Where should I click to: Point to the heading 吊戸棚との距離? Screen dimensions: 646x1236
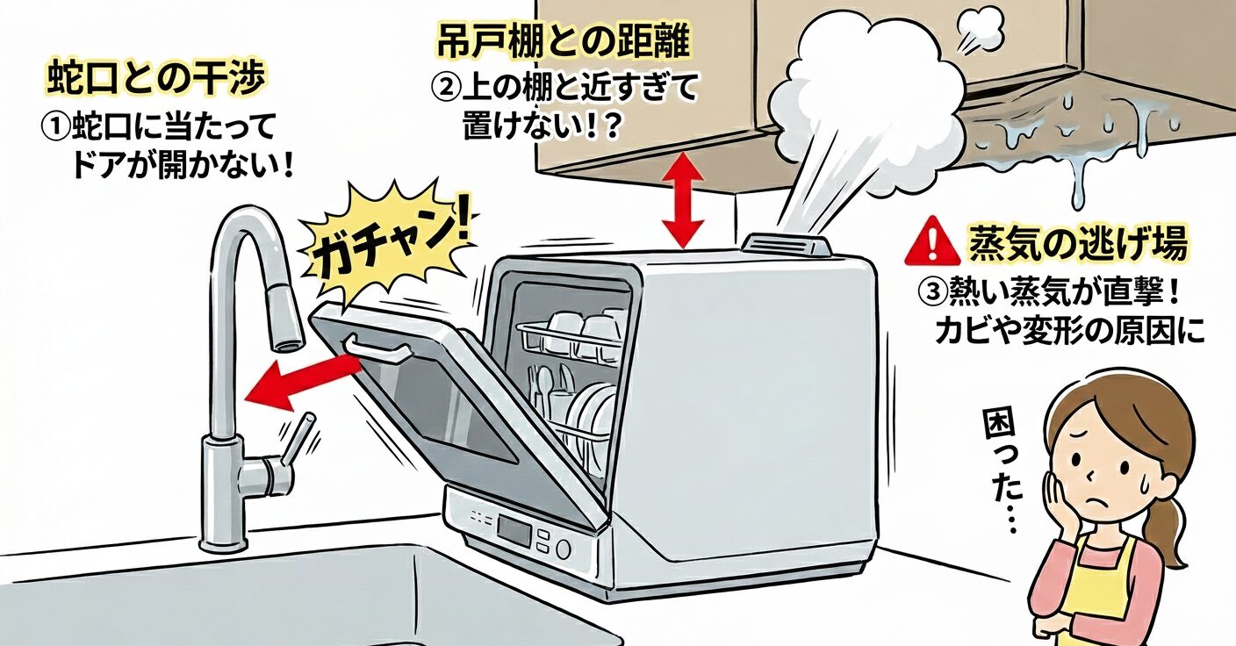(561, 40)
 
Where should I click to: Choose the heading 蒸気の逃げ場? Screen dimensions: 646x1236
(1077, 245)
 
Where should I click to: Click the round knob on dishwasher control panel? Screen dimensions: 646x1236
(563, 549)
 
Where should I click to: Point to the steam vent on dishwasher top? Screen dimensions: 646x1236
(787, 243)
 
